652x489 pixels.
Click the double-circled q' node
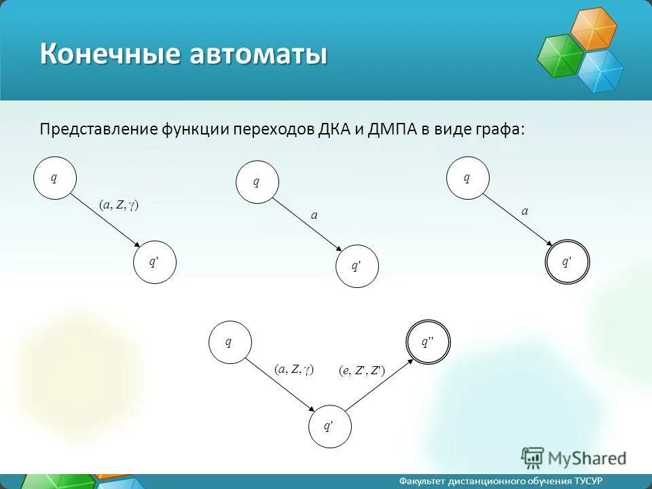pos(568,261)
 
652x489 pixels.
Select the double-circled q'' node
pos(428,342)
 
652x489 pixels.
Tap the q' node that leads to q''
pos(329,427)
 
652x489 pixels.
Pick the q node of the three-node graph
pos(230,342)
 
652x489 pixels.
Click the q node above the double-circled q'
pos(467,178)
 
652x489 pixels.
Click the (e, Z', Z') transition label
pos(362,370)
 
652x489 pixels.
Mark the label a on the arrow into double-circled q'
pos(524,212)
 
